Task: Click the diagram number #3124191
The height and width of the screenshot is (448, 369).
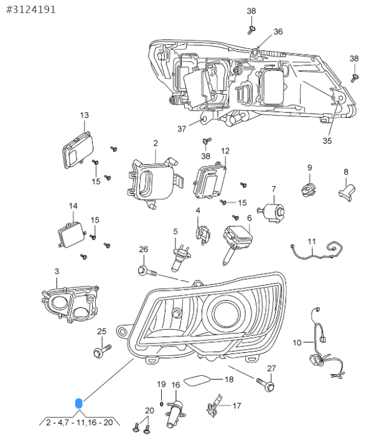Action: (31, 10)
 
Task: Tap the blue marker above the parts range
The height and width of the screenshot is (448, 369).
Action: (78, 403)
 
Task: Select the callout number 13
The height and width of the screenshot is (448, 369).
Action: (85, 115)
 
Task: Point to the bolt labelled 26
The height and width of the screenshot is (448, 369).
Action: (147, 271)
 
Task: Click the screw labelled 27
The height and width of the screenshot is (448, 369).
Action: (266, 385)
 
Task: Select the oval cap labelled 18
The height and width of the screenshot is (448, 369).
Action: (197, 381)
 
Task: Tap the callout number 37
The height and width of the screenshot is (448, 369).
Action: (182, 129)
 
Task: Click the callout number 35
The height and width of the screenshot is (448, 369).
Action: (327, 141)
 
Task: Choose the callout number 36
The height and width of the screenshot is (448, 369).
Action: (278, 32)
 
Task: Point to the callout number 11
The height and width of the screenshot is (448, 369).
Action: (312, 241)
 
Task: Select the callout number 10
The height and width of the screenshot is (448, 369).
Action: (297, 342)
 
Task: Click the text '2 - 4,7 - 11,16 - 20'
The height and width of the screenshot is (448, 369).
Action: (80, 422)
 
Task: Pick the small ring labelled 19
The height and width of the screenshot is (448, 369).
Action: (161, 404)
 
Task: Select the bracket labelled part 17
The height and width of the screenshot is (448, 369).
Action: (214, 405)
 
